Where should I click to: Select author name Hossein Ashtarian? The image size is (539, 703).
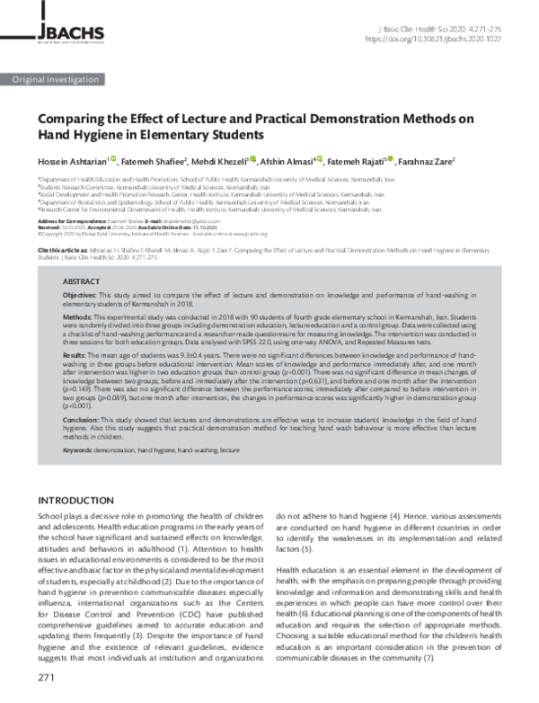tap(71, 161)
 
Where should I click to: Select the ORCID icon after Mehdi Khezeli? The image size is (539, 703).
tap(253, 160)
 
